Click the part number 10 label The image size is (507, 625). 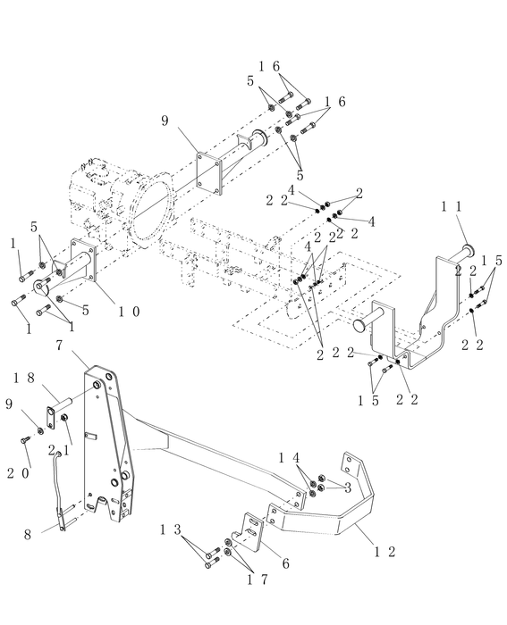pos(128,312)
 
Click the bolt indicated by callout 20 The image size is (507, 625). pos(25,439)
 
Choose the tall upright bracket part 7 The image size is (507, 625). pos(107,437)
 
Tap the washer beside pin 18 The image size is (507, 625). pos(42,421)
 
